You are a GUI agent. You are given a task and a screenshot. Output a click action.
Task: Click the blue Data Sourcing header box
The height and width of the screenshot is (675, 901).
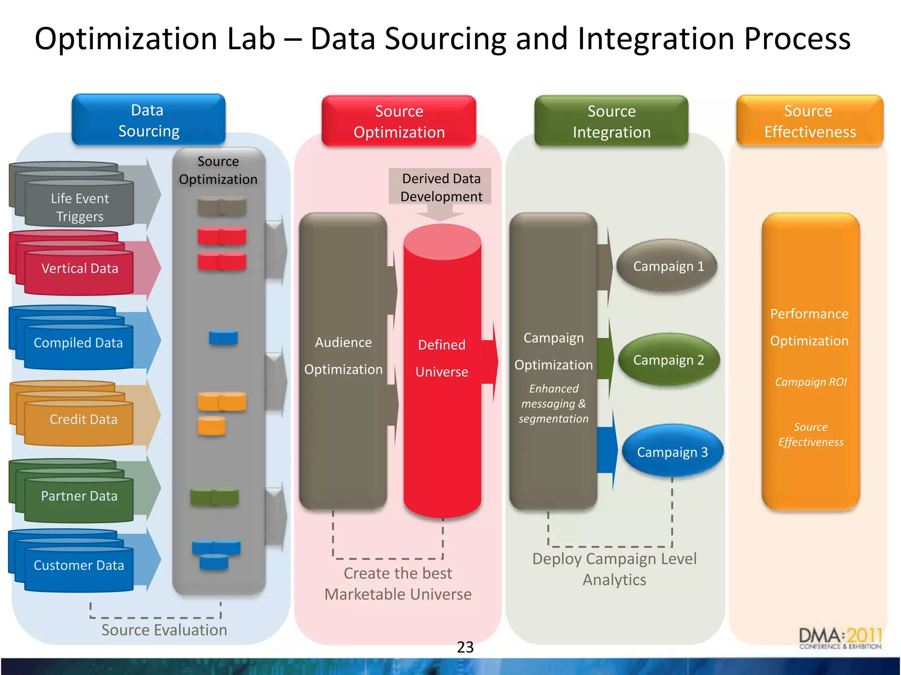click(148, 120)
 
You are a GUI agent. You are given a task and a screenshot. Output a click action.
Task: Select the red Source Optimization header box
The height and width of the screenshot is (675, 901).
click(399, 121)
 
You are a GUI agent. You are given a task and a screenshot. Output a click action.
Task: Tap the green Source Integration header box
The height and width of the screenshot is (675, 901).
click(611, 121)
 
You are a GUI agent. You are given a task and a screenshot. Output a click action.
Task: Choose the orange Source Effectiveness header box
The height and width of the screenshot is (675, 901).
click(809, 121)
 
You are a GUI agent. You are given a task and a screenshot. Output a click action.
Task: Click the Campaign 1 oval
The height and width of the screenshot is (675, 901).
click(668, 266)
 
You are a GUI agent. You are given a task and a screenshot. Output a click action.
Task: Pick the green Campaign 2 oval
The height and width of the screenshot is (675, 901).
click(668, 360)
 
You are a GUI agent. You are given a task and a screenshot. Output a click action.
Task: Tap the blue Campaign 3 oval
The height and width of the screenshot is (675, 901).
click(672, 452)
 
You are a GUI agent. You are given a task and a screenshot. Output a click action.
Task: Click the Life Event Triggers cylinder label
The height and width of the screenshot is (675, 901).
click(80, 207)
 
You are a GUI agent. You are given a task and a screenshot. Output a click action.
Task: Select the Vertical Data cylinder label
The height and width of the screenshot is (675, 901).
click(80, 269)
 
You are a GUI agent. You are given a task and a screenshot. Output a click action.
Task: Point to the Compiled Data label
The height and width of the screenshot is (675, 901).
click(78, 343)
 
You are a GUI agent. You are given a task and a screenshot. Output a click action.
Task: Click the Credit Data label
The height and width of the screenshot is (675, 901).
click(83, 419)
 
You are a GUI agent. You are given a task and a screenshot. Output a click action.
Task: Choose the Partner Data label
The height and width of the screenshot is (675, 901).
click(79, 496)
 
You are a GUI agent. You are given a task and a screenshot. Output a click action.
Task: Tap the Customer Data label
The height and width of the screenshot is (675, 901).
click(79, 565)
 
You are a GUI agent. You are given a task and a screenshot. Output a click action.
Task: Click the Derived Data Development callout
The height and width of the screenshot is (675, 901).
click(441, 187)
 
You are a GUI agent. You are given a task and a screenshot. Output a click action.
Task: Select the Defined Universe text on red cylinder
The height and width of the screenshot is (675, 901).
click(442, 358)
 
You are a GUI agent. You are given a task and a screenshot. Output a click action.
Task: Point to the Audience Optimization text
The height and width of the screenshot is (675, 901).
click(343, 356)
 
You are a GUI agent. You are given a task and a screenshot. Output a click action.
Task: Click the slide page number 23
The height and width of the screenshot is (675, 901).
click(465, 647)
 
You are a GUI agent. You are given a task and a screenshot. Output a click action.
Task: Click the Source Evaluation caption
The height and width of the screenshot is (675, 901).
click(164, 630)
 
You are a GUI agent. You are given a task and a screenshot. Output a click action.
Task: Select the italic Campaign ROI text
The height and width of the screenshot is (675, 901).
click(810, 382)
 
